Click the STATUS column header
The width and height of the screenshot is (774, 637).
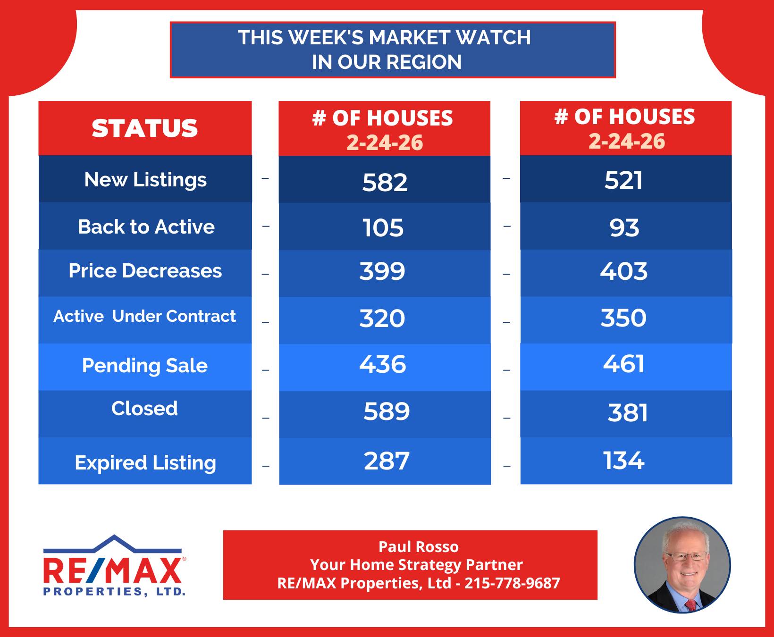(x=145, y=128)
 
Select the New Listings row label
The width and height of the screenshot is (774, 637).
(x=145, y=180)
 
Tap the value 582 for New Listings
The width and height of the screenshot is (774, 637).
(x=385, y=182)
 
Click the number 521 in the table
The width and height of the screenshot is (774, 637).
(x=623, y=180)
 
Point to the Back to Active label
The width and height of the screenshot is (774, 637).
(x=146, y=227)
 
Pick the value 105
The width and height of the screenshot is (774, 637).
(x=383, y=228)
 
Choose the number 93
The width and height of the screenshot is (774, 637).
(x=624, y=228)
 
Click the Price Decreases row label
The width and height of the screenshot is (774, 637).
(x=145, y=271)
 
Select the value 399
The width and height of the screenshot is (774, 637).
(x=382, y=271)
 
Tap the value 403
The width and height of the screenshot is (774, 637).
(x=623, y=271)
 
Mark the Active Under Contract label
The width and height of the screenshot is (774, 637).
(x=145, y=316)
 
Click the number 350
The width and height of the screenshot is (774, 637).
(x=623, y=318)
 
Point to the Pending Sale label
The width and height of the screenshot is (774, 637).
(x=145, y=366)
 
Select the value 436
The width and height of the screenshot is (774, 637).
(x=383, y=364)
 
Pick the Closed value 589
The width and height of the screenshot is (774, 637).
(x=387, y=411)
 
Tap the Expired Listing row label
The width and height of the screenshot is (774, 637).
(x=145, y=463)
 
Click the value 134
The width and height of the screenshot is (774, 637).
(x=623, y=461)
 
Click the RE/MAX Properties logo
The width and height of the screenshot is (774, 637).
(x=114, y=565)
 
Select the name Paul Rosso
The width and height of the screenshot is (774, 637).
(x=419, y=546)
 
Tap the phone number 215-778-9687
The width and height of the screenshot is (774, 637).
(x=512, y=583)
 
